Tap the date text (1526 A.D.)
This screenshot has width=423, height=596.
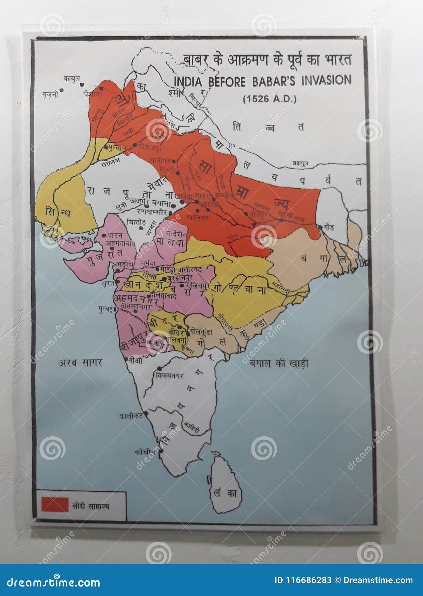coord(270,99)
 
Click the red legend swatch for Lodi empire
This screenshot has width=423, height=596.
coord(55,504)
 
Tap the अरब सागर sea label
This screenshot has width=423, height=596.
coord(80,362)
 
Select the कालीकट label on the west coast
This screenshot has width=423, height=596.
coord(130,416)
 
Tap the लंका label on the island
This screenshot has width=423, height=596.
coord(226,493)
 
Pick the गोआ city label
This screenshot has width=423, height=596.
coord(135,360)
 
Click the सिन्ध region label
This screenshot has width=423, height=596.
coord(58,213)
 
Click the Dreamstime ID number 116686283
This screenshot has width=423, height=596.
coord(303,580)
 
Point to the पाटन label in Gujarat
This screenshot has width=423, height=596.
coord(115,235)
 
